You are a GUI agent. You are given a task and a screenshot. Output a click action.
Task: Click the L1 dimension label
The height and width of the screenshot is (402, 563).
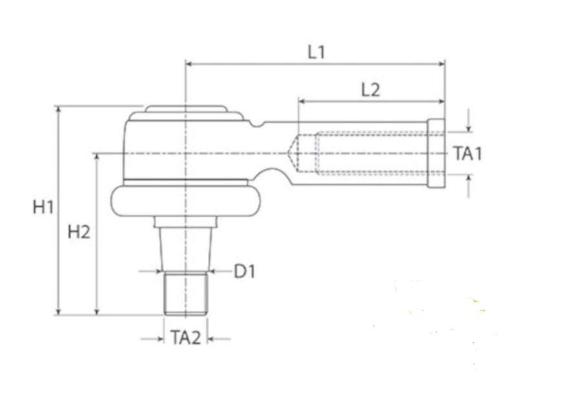316,52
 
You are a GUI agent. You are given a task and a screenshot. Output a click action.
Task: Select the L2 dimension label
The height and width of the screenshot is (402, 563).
371,90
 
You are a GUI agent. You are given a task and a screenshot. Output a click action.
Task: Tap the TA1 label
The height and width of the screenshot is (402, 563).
467,154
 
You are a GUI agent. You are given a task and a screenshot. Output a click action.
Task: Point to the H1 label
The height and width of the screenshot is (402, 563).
43,207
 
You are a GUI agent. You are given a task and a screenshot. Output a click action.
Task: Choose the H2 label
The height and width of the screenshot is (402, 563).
79,232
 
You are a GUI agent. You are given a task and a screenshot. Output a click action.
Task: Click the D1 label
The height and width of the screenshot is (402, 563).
245,271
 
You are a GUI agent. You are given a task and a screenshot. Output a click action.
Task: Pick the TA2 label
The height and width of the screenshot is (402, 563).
186,338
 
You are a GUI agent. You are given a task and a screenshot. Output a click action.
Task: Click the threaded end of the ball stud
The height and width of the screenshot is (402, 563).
186,293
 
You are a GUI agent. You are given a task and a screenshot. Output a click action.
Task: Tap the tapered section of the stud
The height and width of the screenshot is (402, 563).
186,249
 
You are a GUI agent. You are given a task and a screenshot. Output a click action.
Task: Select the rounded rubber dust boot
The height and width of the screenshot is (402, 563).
186,201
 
